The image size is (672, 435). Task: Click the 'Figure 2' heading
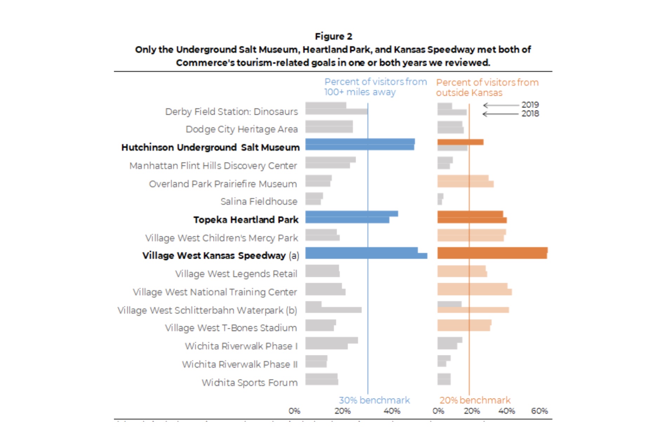click(x=333, y=36)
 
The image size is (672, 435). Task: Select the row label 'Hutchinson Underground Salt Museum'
click(x=210, y=147)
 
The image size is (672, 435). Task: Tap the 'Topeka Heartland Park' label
click(x=246, y=220)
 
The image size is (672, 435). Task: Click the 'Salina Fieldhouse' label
click(x=259, y=202)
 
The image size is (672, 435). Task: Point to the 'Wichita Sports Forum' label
click(x=249, y=383)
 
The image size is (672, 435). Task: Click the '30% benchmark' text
click(x=374, y=400)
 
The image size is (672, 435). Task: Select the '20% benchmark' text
click(x=475, y=400)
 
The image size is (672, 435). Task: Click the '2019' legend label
click(x=530, y=105)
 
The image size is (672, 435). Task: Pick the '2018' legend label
click(x=530, y=114)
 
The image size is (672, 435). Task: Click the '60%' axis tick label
click(x=539, y=411)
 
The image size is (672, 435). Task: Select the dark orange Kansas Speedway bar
click(x=492, y=253)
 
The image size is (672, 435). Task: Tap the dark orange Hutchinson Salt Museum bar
click(x=460, y=142)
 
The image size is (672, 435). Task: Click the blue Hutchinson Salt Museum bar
click(x=360, y=144)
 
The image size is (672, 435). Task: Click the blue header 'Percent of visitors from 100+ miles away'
click(x=375, y=87)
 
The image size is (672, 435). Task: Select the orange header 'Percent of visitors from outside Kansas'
click(x=487, y=88)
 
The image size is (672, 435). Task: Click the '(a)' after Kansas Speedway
click(x=294, y=256)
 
